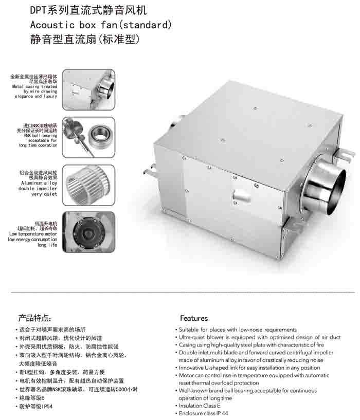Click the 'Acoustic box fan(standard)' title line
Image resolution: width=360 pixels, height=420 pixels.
pos(101,25)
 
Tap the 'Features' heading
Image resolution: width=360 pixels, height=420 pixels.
pos(194,318)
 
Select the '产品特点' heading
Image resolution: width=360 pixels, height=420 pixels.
pos(34,318)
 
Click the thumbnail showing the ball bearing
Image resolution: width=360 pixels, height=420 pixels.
pos(88,137)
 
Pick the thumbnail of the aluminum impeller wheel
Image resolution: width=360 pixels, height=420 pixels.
pos(88,185)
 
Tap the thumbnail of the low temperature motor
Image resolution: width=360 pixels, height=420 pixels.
pos(88,232)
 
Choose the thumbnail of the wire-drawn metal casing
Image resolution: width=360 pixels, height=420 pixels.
pos(88,90)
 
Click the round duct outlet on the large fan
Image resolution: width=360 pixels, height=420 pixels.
pos(325,185)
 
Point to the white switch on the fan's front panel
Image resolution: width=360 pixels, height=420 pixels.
pos(242,195)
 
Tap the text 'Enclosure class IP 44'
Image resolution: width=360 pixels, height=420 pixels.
pos(203,413)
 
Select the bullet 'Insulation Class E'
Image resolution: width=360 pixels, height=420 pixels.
pos(200,406)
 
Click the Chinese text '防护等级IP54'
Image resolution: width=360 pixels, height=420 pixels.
pos(35,406)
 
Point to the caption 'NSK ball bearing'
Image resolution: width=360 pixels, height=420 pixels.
pos(41,136)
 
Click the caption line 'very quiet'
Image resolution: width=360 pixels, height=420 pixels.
pos(44,194)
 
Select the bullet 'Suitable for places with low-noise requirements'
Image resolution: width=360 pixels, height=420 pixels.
pos(238,330)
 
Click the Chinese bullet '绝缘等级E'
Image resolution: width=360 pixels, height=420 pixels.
pos(32,398)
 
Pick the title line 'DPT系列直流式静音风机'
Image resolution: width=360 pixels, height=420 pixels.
pos(88,10)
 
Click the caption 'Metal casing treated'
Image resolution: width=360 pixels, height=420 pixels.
pos(34,86)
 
